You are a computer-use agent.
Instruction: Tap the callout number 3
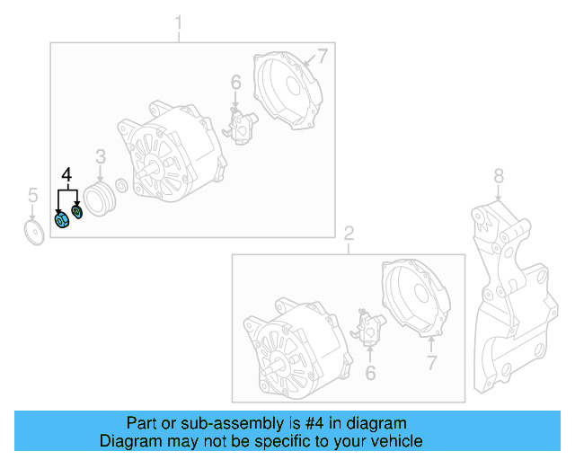tap(101, 157)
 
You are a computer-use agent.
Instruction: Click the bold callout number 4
tap(66, 174)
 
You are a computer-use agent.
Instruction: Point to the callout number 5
tap(32, 195)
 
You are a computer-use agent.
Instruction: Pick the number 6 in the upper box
tap(235, 84)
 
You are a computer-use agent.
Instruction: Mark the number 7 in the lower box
tap(431, 363)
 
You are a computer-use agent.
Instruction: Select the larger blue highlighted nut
tap(63, 220)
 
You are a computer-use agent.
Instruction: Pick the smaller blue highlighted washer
tap(77, 211)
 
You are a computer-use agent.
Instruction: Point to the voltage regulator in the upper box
tap(241, 126)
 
